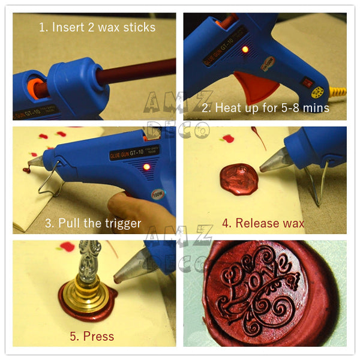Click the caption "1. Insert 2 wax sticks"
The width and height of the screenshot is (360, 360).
click(x=97, y=28)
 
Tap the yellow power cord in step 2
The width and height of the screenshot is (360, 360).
click(x=340, y=92)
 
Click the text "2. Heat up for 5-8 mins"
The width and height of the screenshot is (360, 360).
click(x=265, y=108)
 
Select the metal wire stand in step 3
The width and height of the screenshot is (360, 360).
click(x=51, y=179)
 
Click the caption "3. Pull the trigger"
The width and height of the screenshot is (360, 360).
click(x=93, y=223)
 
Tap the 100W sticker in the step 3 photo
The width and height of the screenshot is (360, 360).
click(x=158, y=195)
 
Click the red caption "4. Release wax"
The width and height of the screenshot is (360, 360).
click(x=263, y=223)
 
